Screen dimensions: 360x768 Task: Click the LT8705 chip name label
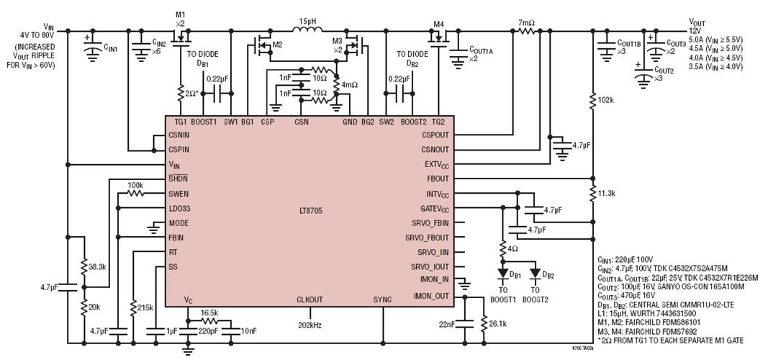pyautogui.click(x=310, y=209)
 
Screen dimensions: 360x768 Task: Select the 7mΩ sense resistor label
pyautogui.click(x=526, y=23)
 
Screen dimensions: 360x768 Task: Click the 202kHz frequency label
pyautogui.click(x=310, y=325)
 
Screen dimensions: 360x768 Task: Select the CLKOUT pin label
pyautogui.click(x=310, y=298)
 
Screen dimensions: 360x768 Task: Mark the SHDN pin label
pyautogui.click(x=178, y=179)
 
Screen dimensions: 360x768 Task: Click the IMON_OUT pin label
pyautogui.click(x=431, y=295)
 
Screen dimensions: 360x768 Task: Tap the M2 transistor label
pyautogui.click(x=276, y=44)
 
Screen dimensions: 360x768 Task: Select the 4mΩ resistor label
pyautogui.click(x=349, y=85)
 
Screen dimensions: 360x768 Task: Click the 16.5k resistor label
pyautogui.click(x=209, y=314)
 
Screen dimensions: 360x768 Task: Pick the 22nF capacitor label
pyautogui.click(x=446, y=323)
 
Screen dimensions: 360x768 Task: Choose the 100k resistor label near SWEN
pyautogui.click(x=135, y=185)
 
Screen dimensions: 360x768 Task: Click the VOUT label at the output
pyautogui.click(x=699, y=22)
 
